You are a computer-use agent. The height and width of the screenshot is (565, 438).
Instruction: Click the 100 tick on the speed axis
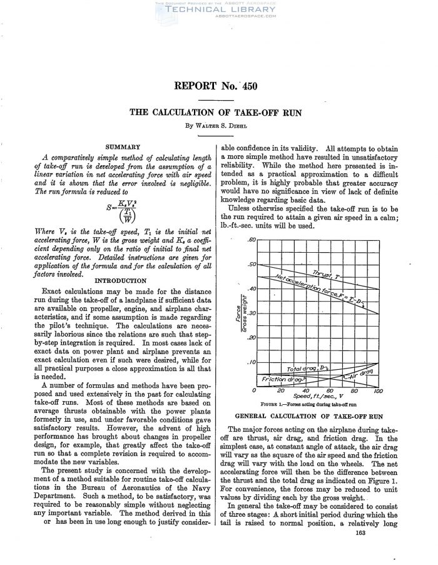[377, 392]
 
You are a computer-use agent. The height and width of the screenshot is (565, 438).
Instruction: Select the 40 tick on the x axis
[305, 392]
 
